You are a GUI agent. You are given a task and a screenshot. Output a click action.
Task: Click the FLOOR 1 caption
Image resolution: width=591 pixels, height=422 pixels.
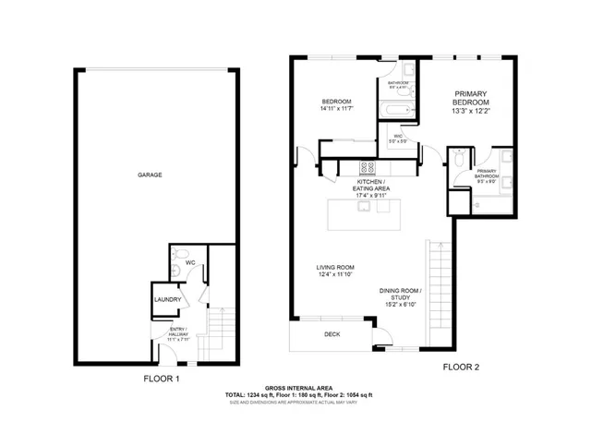click(x=161, y=379)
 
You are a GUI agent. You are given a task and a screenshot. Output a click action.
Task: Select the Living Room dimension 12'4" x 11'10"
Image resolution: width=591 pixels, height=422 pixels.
click(x=336, y=274)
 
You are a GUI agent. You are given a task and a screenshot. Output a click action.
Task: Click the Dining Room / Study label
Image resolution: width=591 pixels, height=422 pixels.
click(x=400, y=295)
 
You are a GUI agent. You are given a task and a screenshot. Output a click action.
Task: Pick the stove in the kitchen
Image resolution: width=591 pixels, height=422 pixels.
click(x=366, y=169)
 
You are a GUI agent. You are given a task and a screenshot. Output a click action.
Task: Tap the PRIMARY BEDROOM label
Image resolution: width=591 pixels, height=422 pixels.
click(x=470, y=98)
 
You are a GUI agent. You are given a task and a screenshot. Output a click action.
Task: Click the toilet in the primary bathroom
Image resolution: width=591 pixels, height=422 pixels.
click(x=459, y=160)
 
